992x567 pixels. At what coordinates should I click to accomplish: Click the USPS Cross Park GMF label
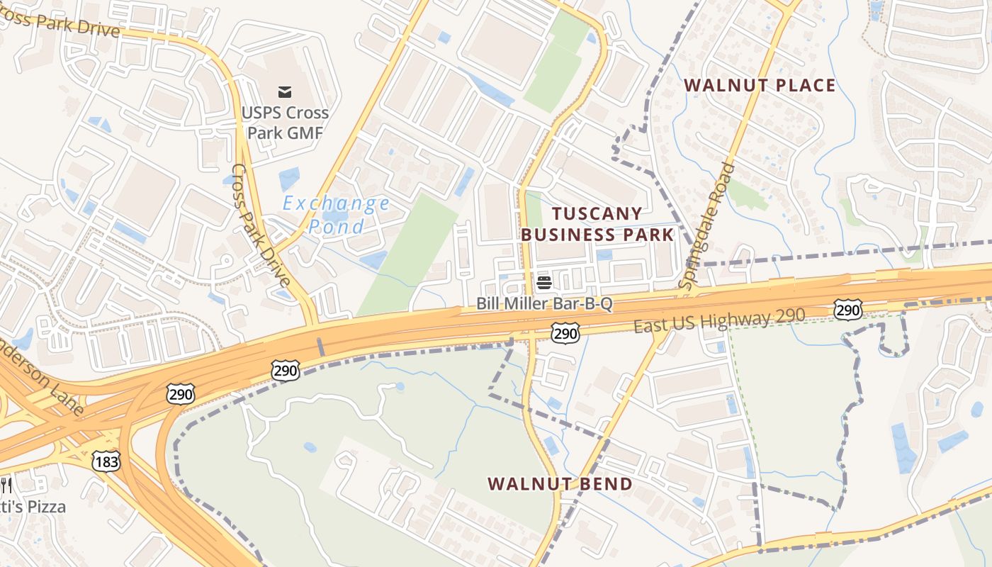(x=285, y=122)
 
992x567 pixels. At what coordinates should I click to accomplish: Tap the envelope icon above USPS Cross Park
(x=285, y=91)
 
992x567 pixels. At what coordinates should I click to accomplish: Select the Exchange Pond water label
(x=336, y=215)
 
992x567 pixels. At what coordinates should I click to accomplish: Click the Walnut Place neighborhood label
(x=760, y=86)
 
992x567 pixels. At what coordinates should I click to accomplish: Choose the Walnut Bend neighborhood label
(x=560, y=484)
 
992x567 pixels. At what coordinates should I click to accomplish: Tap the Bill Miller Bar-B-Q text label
(x=544, y=304)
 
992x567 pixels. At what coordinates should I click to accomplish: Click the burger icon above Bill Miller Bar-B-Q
(x=544, y=283)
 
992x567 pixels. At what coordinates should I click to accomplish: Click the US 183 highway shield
(x=106, y=461)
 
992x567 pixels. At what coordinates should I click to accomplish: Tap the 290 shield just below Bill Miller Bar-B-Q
(x=565, y=332)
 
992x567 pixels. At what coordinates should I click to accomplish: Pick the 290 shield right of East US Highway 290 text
(x=847, y=309)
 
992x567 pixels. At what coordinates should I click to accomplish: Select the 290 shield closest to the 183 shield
(x=181, y=394)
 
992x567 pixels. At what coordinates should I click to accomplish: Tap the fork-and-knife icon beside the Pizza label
(x=6, y=485)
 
